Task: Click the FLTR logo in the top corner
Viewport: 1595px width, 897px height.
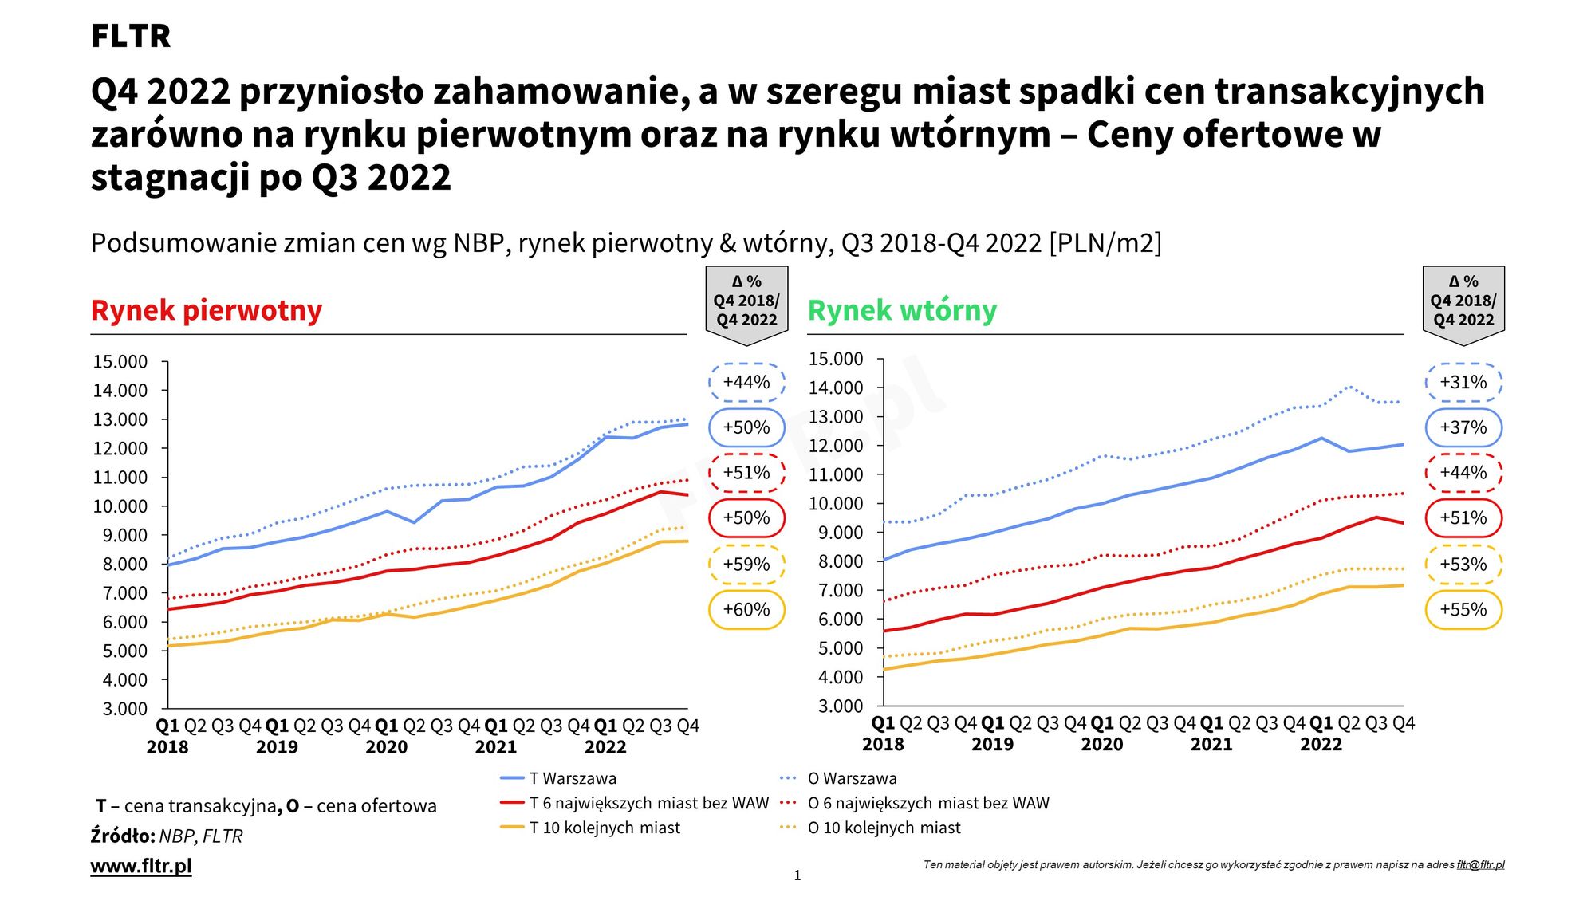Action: [x=130, y=36]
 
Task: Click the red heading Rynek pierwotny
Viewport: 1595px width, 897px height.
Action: [x=207, y=309]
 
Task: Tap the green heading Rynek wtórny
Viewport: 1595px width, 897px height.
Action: [x=902, y=309]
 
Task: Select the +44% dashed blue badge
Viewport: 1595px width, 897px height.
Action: [x=746, y=382]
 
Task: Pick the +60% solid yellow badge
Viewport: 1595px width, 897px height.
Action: [x=746, y=610]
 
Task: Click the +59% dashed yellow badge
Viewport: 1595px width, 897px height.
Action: [x=746, y=565]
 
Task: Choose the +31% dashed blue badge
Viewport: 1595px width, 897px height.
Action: [x=1463, y=382]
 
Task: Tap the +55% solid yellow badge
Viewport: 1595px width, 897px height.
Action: [x=1463, y=610]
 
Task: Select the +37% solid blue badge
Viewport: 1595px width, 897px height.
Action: [x=1463, y=427]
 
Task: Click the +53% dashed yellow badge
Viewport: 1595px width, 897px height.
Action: [x=1463, y=565]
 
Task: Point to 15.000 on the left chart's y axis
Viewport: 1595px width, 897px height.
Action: [x=120, y=362]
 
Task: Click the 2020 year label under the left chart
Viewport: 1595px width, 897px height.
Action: [x=386, y=747]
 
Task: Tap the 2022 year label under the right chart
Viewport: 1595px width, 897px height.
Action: [x=1321, y=745]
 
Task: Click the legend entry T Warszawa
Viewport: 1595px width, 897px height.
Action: [x=573, y=778]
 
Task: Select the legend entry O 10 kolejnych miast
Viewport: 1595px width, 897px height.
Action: [x=884, y=828]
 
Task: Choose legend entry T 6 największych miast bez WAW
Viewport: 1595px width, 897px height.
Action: [x=648, y=803]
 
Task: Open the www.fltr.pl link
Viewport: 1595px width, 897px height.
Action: [x=141, y=866]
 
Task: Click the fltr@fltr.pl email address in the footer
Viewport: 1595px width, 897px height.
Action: [x=1480, y=864]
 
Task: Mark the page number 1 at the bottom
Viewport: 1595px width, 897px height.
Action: [x=797, y=875]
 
